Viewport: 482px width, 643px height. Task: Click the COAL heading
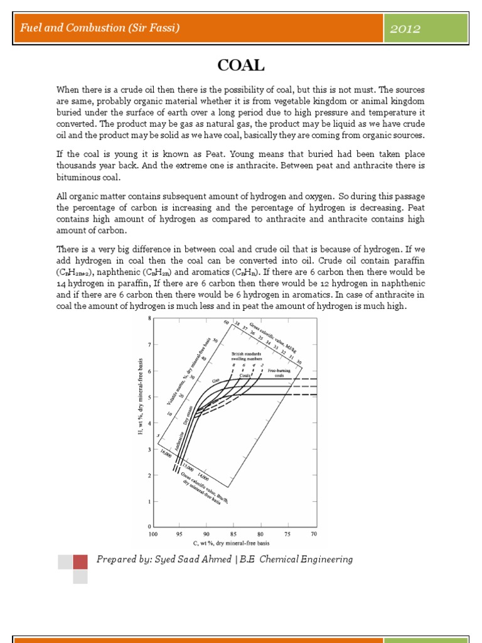[241, 65]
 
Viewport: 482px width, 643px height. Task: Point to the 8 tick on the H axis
[149, 319]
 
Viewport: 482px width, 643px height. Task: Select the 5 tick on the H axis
[149, 397]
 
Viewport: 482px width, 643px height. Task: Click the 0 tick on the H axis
[149, 526]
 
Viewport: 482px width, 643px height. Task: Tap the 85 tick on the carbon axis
[233, 534]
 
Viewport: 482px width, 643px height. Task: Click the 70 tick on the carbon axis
[314, 534]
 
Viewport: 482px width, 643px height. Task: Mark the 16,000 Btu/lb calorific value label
[166, 455]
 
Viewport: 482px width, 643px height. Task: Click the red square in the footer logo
[80, 561]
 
